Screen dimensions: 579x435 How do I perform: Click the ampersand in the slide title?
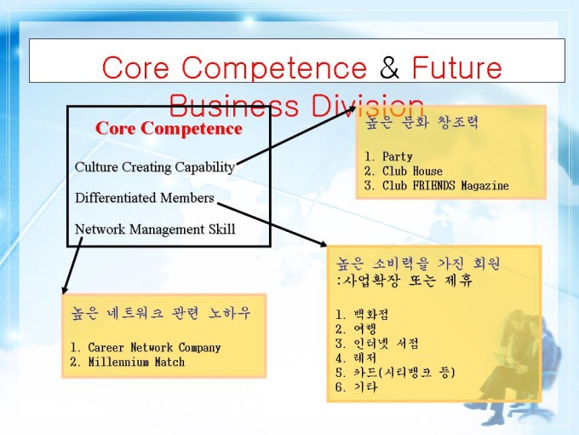tap(390, 67)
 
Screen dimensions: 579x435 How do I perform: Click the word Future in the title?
tap(457, 67)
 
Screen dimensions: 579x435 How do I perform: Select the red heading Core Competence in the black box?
tap(169, 128)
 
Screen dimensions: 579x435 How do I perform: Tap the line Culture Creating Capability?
tap(155, 167)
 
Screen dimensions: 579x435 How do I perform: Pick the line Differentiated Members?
tap(145, 198)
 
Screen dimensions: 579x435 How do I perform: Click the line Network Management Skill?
tap(155, 229)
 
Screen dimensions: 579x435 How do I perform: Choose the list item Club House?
tap(404, 171)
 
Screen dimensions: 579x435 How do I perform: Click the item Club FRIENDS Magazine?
tap(437, 185)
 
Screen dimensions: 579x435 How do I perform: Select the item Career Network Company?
tap(146, 347)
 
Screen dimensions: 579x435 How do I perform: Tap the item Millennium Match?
tap(128, 362)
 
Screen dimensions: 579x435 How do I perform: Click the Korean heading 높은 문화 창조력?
tap(421, 122)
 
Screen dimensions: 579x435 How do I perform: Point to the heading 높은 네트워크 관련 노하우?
tap(161, 313)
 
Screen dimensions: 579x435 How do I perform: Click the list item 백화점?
tap(362, 315)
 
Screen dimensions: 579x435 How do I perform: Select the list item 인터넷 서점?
tap(377, 344)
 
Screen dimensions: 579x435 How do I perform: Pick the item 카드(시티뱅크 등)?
tap(395, 373)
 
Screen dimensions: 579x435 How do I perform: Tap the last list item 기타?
tap(356, 387)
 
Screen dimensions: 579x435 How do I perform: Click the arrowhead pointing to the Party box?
tap(351, 109)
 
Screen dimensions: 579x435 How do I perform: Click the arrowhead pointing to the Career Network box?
tap(65, 289)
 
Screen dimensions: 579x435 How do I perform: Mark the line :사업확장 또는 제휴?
tap(404, 281)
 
